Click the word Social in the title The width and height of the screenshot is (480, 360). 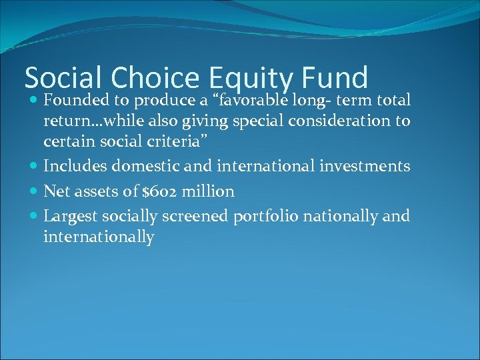coord(64,78)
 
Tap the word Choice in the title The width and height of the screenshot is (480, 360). coord(155,78)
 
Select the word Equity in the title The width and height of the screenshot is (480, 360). coord(251,79)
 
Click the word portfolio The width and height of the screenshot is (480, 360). coord(255,217)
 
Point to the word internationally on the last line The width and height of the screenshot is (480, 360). coord(99,237)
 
